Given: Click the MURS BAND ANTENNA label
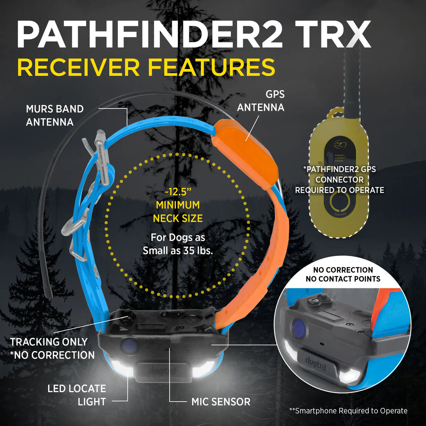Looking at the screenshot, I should pyautogui.click(x=55, y=115).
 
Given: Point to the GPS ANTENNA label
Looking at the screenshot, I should pyautogui.click(x=260, y=101).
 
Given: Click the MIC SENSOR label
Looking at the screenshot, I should pyautogui.click(x=221, y=402).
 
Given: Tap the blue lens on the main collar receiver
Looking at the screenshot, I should pyautogui.click(x=129, y=346).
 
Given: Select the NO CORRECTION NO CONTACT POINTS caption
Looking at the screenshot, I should pyautogui.click(x=343, y=275).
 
